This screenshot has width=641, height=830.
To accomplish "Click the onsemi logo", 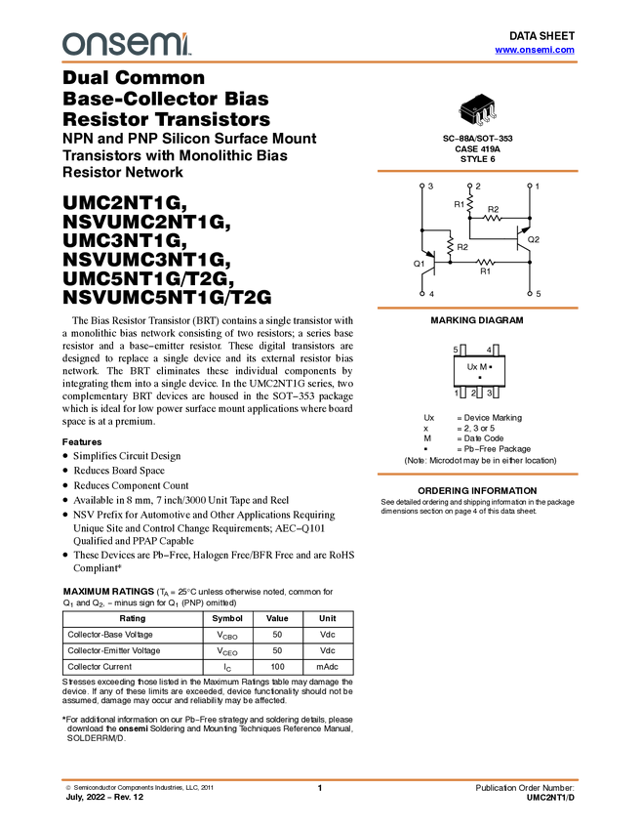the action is point(126,44).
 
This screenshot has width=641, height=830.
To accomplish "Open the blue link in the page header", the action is point(535,50).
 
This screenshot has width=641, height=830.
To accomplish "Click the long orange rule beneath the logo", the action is point(320,62).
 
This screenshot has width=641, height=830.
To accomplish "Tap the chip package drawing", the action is point(477,110).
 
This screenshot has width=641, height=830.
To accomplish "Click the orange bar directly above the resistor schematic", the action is point(477,171).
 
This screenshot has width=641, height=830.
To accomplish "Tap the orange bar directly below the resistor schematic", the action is point(477,309).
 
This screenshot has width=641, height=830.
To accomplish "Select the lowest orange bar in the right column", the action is point(477,475).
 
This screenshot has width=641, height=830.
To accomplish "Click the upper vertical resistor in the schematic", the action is point(470,203).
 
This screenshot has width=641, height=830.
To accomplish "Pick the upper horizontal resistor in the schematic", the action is point(493,218).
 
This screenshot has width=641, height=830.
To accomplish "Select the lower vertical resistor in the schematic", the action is point(450,245).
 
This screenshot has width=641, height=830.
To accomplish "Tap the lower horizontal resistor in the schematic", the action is point(485,263).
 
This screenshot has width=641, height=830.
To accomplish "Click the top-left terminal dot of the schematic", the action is point(421,186).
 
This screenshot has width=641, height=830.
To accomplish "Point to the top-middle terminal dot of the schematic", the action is point(469,186).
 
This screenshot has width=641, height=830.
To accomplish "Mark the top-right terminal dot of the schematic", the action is point(530,186).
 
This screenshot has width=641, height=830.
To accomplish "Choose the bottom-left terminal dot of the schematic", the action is point(421,293).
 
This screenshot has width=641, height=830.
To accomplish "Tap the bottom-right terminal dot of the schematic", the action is point(530,293).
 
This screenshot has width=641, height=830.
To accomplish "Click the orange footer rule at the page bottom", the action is point(320,780).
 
